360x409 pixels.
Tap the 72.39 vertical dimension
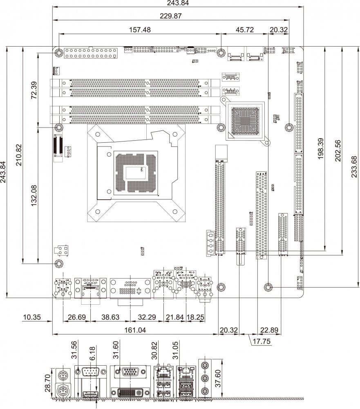pyautogui.click(x=34, y=90)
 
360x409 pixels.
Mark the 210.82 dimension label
pyautogui.click(x=18, y=155)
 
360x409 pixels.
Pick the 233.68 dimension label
pyautogui.click(x=354, y=168)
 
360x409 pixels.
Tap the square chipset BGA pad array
pyautogui.click(x=245, y=121)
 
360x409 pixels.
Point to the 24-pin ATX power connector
pyautogui.click(x=91, y=52)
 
